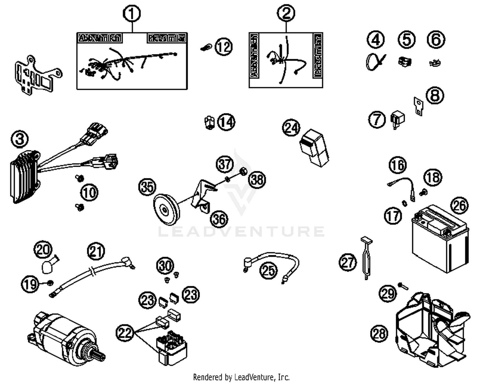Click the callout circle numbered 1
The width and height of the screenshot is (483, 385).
tap(132, 14)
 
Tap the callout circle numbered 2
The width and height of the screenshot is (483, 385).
tap(286, 13)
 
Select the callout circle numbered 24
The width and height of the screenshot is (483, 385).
tap(291, 128)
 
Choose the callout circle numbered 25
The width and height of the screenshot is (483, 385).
tap(269, 270)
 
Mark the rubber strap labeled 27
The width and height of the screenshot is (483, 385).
tap(366, 258)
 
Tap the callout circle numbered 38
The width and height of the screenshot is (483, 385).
tap(257, 179)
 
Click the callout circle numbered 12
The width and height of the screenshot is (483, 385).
tap(224, 47)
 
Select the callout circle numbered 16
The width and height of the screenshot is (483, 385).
tap(398, 165)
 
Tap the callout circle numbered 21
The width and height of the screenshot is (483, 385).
tap(96, 251)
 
